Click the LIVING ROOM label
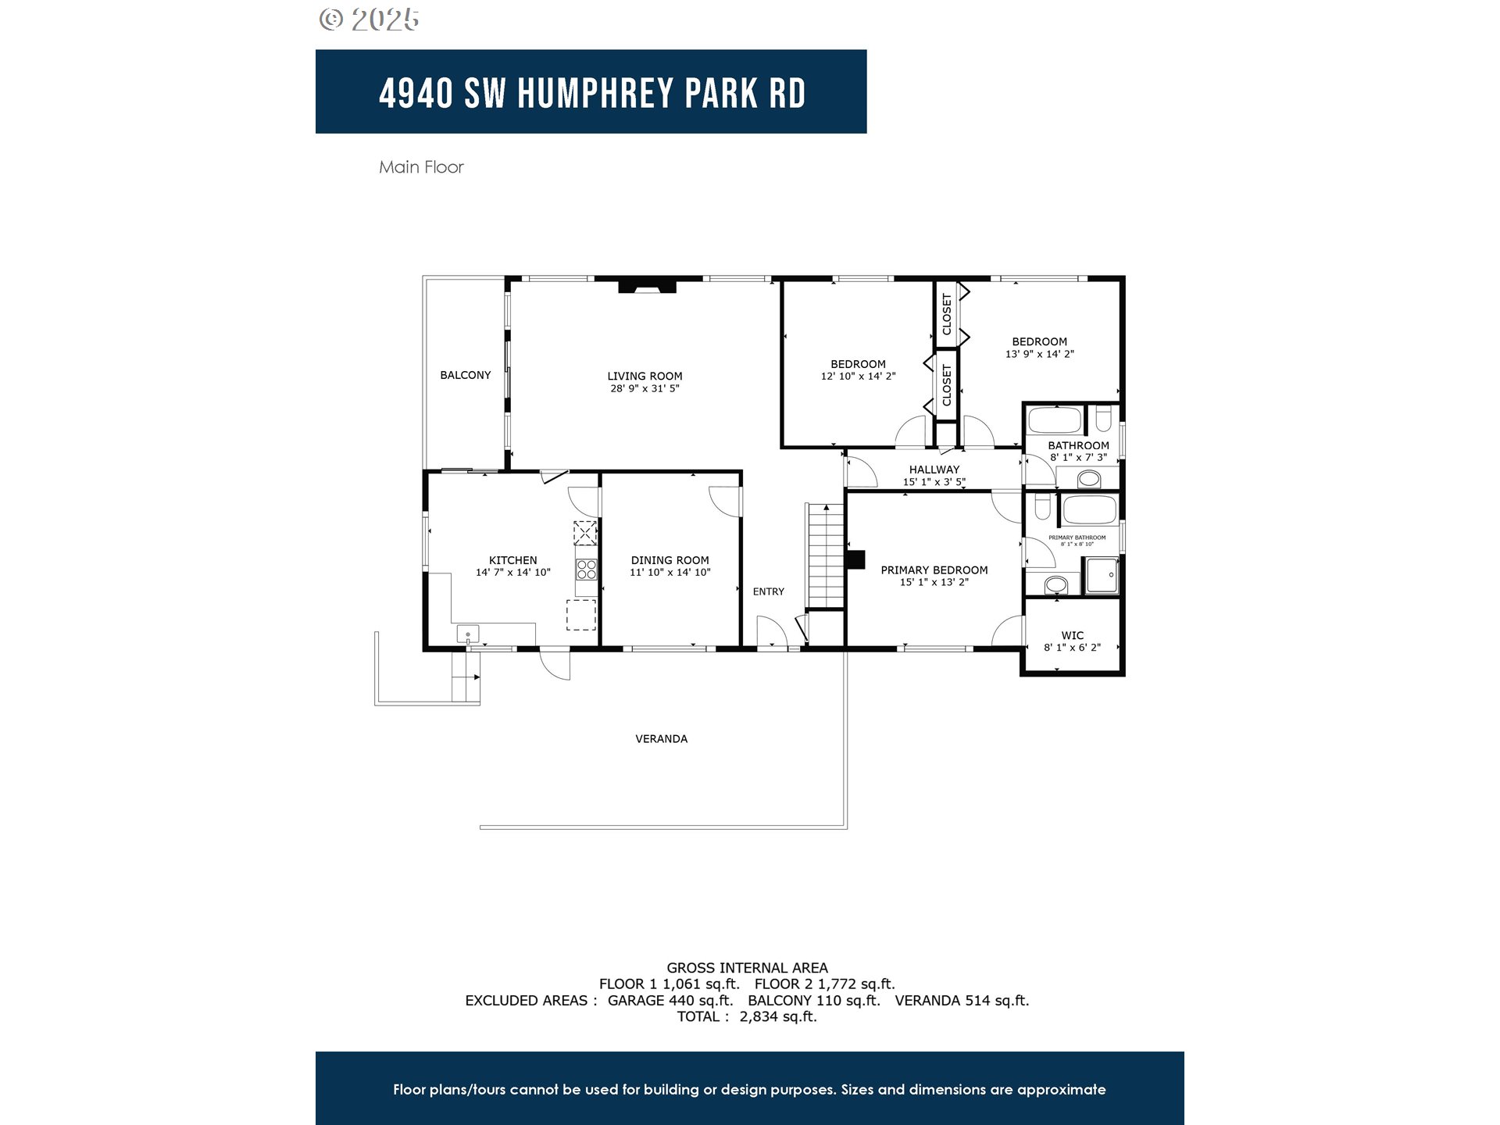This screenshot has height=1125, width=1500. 645,376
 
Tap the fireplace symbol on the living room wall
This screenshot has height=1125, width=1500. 647,286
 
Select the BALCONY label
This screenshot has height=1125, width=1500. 466,375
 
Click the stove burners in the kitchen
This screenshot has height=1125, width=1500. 587,569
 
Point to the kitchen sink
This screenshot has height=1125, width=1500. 468,634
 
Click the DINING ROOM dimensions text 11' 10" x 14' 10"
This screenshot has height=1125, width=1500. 670,573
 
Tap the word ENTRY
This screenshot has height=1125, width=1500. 768,591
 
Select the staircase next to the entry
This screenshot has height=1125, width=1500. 826,556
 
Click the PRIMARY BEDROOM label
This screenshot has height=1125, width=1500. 934,570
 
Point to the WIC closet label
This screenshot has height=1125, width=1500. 1073,635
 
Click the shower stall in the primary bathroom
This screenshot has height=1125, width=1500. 1102,576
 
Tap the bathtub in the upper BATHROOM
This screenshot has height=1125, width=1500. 1055,421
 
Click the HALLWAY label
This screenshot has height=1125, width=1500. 934,470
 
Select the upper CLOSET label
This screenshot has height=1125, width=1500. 947,314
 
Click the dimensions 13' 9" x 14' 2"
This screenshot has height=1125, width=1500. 1039,354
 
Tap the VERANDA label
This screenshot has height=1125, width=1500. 661,738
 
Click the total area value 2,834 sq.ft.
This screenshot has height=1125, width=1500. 778,1016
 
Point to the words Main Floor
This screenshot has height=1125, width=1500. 421,167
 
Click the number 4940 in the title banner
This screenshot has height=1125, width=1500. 416,93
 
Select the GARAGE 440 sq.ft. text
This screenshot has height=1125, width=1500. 670,1000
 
